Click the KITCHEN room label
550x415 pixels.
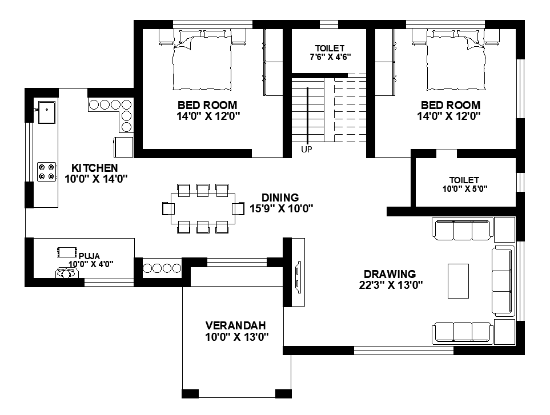(94, 168)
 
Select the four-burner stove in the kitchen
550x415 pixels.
(47, 172)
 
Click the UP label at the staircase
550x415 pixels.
(306, 150)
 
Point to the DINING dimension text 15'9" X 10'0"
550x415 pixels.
(282, 208)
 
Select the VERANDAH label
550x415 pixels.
(236, 325)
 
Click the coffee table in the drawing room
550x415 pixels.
(458, 281)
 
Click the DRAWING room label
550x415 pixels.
(390, 274)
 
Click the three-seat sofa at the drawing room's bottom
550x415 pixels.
(463, 332)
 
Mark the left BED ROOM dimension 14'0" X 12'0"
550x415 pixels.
(208, 116)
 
